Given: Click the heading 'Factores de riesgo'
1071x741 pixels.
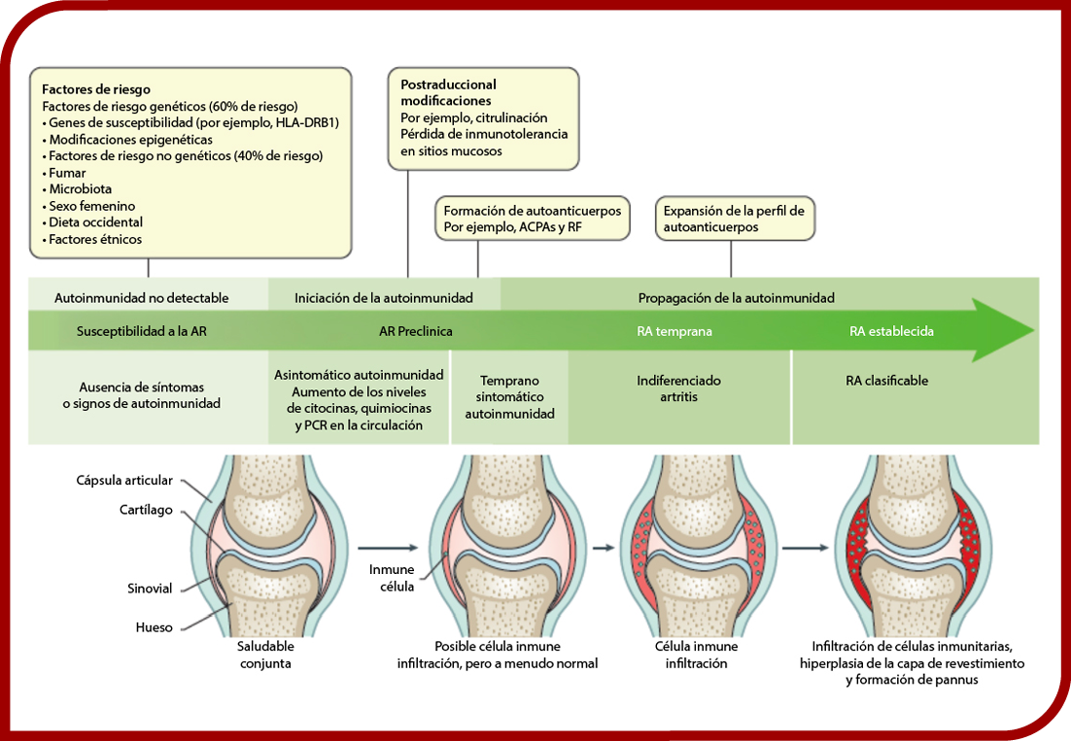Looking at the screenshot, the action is pyautogui.click(x=96, y=89).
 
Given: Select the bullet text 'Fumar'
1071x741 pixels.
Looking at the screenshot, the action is pyautogui.click(x=67, y=173).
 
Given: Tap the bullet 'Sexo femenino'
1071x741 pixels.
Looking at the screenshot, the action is pyautogui.click(x=91, y=206).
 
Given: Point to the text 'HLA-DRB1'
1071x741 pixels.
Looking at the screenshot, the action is pyautogui.click(x=307, y=122).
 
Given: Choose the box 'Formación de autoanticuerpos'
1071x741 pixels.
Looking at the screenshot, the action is pyautogui.click(x=533, y=219).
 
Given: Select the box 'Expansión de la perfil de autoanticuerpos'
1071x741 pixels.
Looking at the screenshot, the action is pyautogui.click(x=735, y=219).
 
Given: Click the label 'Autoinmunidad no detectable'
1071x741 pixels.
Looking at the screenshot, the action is pyautogui.click(x=141, y=298).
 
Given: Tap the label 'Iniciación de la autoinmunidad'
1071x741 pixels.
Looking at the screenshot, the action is pyautogui.click(x=384, y=298).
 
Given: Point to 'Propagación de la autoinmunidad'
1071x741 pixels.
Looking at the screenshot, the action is pyautogui.click(x=737, y=298).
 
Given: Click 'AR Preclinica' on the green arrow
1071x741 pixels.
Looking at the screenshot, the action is pyautogui.click(x=415, y=331).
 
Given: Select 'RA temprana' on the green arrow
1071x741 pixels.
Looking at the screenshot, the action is pyautogui.click(x=674, y=331).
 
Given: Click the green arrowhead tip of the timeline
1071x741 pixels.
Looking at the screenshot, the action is pyautogui.click(x=1034, y=331).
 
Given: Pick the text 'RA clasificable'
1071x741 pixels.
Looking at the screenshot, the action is pyautogui.click(x=886, y=381).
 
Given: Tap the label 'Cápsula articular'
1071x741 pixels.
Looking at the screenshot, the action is pyautogui.click(x=124, y=481).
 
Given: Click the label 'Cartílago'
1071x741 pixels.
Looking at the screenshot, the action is pyautogui.click(x=146, y=510).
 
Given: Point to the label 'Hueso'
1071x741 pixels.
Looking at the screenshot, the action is pyautogui.click(x=155, y=627).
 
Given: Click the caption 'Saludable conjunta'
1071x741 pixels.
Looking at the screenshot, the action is pyautogui.click(x=265, y=655).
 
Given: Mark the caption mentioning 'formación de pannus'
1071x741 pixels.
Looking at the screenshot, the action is pyautogui.click(x=912, y=662).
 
